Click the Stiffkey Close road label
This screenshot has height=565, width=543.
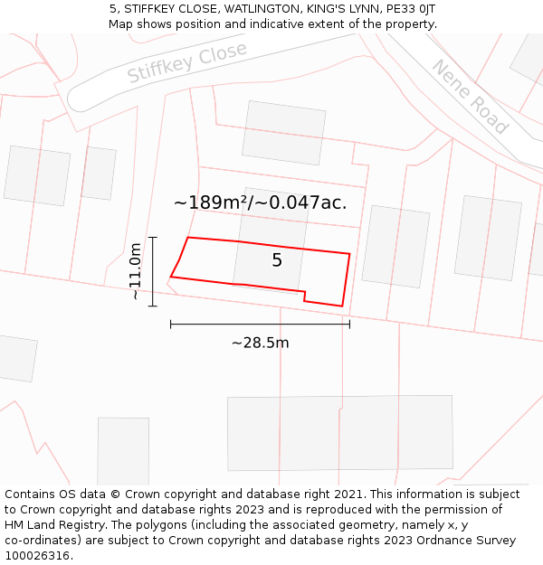tap(186, 62)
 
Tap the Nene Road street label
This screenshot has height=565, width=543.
tap(469, 97)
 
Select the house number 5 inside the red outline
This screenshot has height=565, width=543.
tap(277, 260)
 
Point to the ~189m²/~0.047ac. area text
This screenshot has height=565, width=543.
tap(260, 202)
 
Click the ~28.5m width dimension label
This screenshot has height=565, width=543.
tap(260, 343)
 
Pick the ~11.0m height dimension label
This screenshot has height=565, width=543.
tap(135, 271)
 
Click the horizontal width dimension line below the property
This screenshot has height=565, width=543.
tap(260, 324)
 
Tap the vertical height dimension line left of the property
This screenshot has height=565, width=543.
tap(153, 271)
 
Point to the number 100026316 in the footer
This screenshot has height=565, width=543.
tap(36, 556)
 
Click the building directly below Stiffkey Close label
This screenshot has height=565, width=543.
tap(283, 133)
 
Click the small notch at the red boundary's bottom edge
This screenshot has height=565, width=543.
tap(304, 296)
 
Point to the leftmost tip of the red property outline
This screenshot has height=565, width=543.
tap(171, 277)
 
